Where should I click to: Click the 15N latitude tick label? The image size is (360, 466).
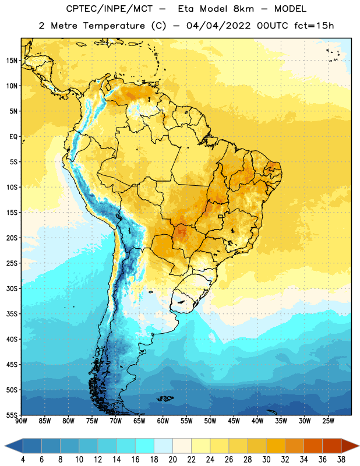click(12, 61)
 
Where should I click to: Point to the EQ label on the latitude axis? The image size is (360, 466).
click(13, 137)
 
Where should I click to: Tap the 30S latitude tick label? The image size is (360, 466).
click(12, 288)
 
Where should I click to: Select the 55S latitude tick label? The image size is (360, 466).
click(12, 415)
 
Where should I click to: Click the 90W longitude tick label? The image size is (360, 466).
click(21, 421)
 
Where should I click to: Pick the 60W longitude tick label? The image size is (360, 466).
click(163, 421)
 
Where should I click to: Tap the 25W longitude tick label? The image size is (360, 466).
click(328, 421)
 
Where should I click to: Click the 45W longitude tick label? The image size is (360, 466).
click(234, 421)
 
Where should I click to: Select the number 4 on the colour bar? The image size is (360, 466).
click(23, 460)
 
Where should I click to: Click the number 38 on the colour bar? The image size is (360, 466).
click(341, 460)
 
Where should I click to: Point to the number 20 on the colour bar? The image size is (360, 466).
click(172, 460)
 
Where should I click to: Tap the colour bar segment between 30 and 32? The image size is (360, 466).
click(276, 446)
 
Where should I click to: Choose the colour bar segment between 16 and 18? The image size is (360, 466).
click(144, 446)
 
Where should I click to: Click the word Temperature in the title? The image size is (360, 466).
click(114, 26)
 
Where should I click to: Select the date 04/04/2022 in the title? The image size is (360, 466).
click(218, 26)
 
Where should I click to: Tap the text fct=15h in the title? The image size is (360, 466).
click(314, 26)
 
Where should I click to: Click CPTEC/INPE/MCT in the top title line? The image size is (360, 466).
click(109, 9)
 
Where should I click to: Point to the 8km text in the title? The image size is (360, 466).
click(243, 9)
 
